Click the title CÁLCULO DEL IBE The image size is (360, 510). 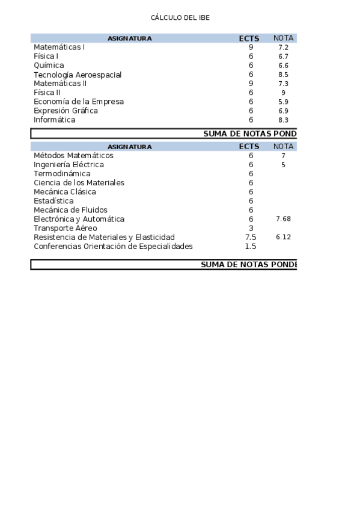tap(180, 17)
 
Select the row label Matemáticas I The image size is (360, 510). tap(59, 47)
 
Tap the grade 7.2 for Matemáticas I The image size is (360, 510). tap(284, 47)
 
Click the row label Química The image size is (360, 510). tap(49, 66)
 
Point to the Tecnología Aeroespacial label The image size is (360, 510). tap(78, 75)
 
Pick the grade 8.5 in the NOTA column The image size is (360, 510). tap(284, 75)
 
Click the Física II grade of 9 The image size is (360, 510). tap(283, 93)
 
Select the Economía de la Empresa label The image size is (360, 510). tap(79, 102)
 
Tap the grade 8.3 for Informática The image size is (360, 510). tap(284, 120)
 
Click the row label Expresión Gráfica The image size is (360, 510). tap(66, 111)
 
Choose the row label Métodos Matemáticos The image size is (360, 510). tap(73, 156)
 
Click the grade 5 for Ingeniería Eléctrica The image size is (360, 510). tap(283, 165)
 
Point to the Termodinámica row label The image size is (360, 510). tap(62, 174)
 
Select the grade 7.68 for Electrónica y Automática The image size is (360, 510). tap(283, 219)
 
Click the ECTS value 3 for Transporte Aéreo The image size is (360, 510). tap(251, 228)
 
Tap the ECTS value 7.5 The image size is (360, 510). tap(251, 237)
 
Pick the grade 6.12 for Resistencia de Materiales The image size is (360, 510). tap(283, 237)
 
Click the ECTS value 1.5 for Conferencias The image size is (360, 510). tap(251, 246)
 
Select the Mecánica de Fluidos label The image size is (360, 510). tap(70, 210)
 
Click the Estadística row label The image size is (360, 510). tap(53, 201)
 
